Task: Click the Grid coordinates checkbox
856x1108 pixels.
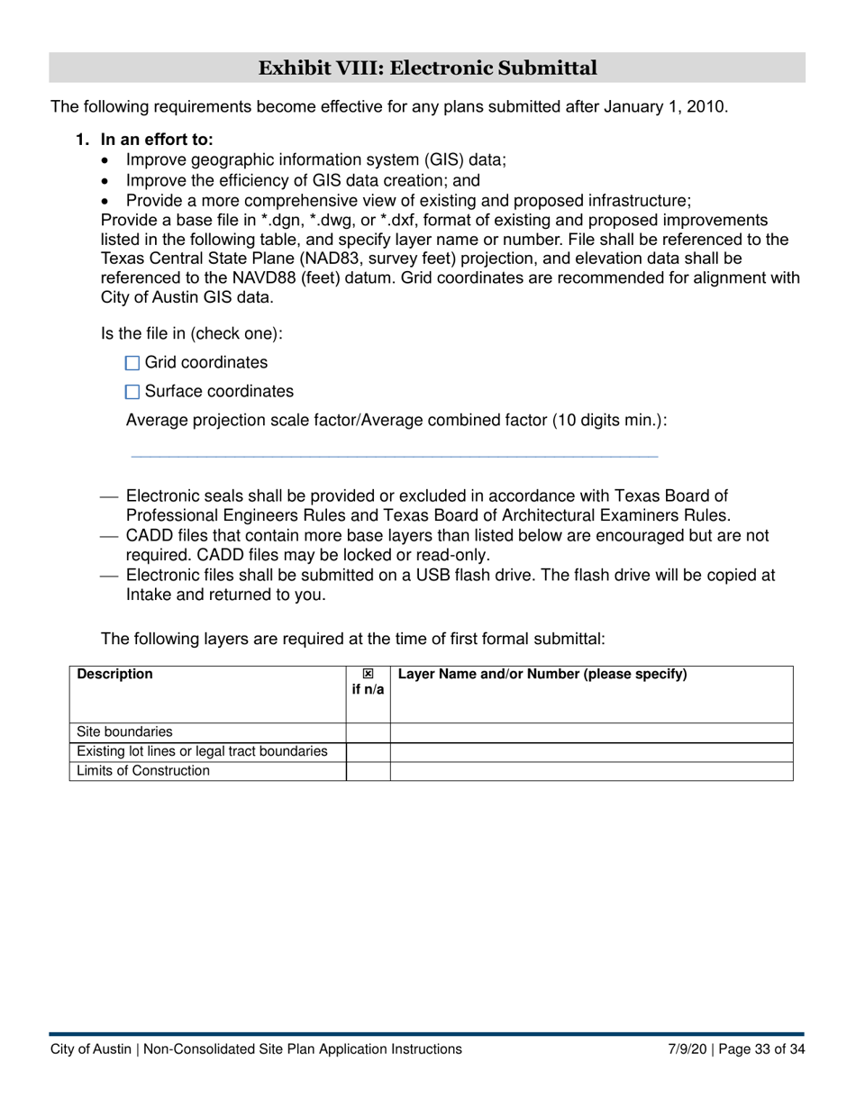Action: coord(132,363)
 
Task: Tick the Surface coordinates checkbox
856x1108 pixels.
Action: coord(132,392)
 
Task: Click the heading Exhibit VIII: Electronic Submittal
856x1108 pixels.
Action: coord(427,68)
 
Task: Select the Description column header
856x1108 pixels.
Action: coord(115,674)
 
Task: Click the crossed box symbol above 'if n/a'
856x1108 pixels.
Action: coord(368,674)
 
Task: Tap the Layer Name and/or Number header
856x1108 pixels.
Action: coord(542,674)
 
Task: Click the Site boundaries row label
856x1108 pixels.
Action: coord(124,732)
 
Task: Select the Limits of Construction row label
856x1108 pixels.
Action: coord(143,771)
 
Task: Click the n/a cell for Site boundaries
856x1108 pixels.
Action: coord(368,732)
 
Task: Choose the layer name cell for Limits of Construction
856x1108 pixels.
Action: coord(591,771)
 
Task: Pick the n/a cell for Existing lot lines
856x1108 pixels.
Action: coord(368,752)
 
